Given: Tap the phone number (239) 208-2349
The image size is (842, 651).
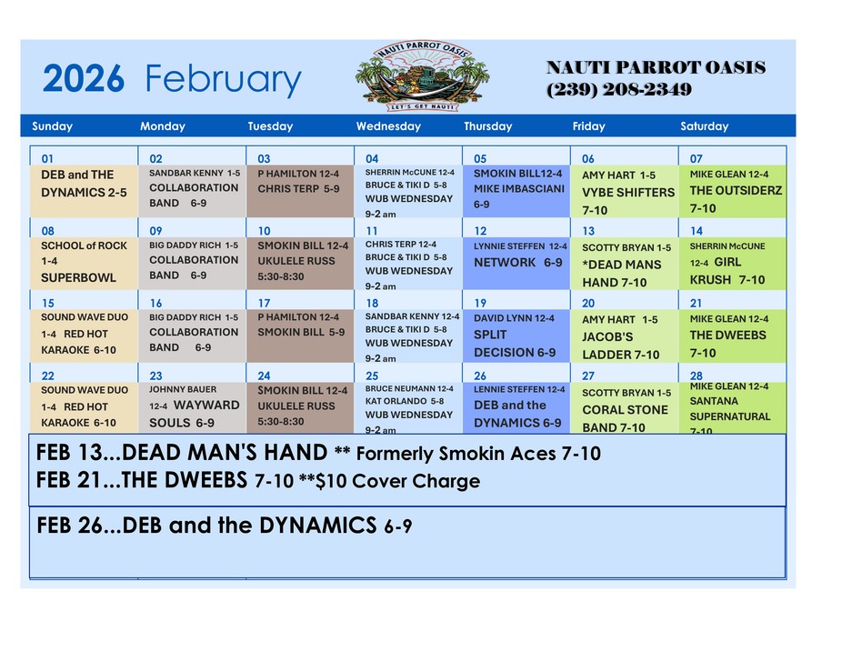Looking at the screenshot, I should pos(618,89).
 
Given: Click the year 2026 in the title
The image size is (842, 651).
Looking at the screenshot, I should pos(83,81).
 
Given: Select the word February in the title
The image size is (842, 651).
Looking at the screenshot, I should pos(223,81).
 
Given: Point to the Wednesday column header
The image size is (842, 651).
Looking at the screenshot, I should pos(388,126).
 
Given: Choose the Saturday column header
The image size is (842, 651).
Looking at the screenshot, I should pos(704,126).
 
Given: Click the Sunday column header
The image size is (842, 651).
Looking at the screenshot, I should pos(52,126).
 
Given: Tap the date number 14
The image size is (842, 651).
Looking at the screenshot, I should pos(697,231).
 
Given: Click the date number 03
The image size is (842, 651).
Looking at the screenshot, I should pos(264,158).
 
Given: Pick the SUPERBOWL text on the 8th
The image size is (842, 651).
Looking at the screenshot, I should pos(79,277).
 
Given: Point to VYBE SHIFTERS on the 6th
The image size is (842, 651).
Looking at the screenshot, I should pos(628,192).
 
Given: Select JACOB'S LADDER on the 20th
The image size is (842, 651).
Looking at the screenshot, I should pos(621,346).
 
